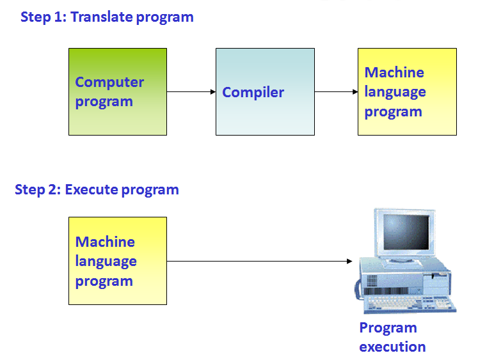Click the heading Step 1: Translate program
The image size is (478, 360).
click(107, 17)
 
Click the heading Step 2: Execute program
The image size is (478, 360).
click(97, 189)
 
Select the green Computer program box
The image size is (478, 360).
click(118, 91)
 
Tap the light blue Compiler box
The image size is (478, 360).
click(265, 91)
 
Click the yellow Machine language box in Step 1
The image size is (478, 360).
click(407, 91)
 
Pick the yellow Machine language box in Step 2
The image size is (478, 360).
click(118, 261)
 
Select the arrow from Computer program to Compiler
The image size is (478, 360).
click(191, 91)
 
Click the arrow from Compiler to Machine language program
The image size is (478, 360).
click(336, 91)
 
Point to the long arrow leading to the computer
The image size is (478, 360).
click(259, 261)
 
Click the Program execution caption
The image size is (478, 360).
click(392, 337)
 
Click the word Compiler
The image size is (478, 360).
click(253, 92)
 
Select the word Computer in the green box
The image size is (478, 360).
click(109, 82)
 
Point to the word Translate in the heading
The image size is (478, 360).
click(100, 17)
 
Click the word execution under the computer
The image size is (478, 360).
click(392, 347)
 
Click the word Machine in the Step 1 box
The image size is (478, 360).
click(394, 72)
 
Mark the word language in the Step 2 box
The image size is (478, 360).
click(106, 261)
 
